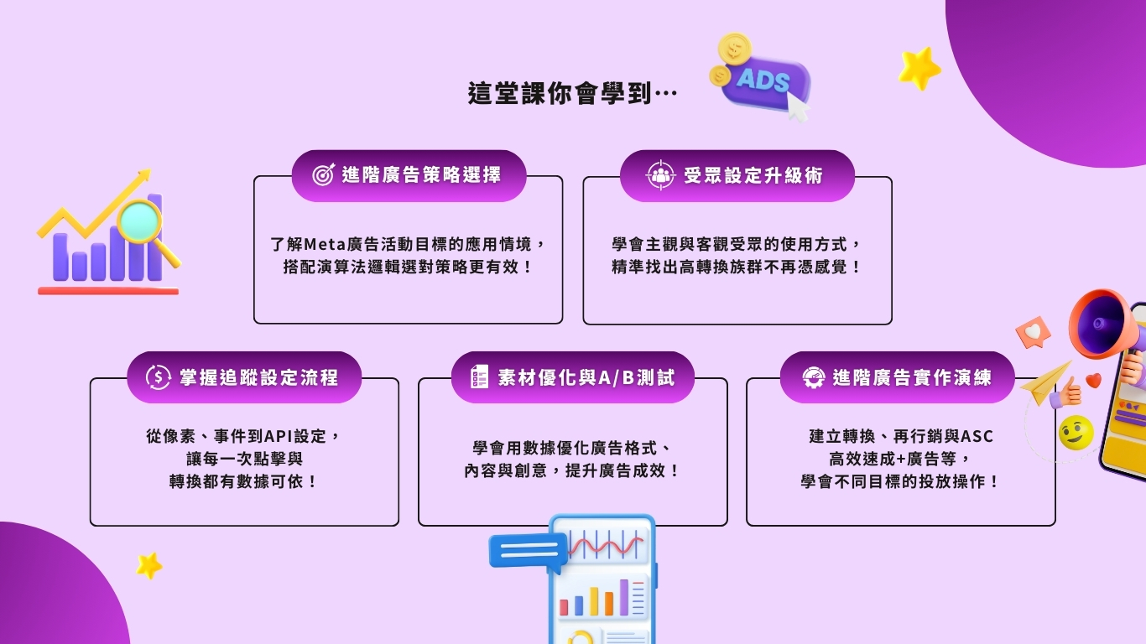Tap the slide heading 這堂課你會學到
click(560, 94)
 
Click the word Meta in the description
click(325, 245)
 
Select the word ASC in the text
click(977, 436)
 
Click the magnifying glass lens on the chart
click(138, 221)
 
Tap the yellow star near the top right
click(919, 68)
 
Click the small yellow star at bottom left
click(148, 565)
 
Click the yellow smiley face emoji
click(1076, 433)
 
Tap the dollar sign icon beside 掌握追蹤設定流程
click(158, 377)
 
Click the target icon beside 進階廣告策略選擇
click(323, 174)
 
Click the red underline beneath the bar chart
click(108, 291)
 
